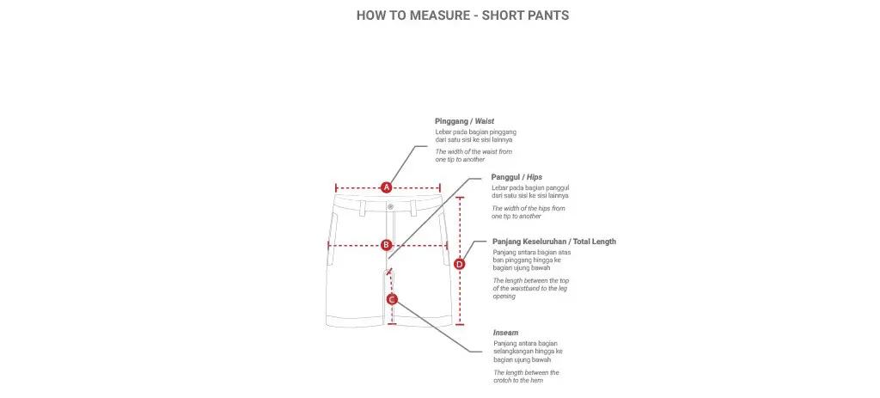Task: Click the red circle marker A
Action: click(387, 187)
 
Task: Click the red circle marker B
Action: click(387, 245)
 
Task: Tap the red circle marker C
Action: click(392, 299)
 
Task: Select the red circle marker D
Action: click(459, 264)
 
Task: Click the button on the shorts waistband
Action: click(389, 206)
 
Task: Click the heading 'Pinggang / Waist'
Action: click(464, 121)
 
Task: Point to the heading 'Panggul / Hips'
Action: click(516, 177)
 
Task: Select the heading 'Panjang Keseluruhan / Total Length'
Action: click(553, 242)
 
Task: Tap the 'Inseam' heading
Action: click(505, 332)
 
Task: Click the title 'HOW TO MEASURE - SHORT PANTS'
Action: click(462, 15)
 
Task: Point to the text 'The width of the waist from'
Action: click(474, 151)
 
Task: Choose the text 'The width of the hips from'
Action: click(529, 208)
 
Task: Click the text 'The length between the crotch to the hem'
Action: click(526, 376)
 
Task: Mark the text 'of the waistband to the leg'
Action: click(531, 288)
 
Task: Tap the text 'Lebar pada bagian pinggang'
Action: click(475, 132)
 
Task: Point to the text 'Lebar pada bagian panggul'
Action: click(531, 187)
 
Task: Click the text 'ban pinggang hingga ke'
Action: click(533, 260)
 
